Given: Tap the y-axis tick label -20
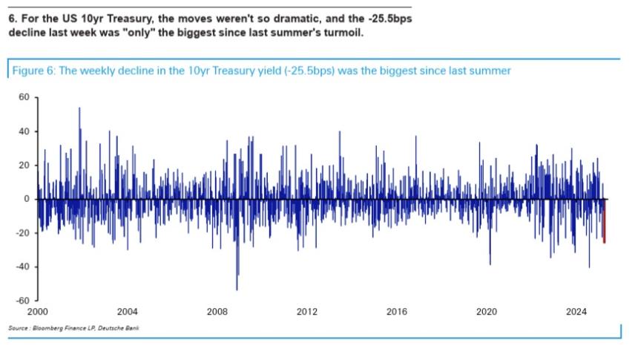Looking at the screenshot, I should click(22, 233).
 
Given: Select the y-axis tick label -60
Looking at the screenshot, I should click(22, 301).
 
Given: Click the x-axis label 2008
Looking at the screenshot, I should click(217, 312).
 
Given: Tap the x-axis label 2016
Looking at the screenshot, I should click(397, 312).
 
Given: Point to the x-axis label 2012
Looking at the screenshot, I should click(307, 312).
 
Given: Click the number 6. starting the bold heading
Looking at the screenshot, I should click(13, 20).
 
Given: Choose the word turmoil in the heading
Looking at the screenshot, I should click(344, 33).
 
